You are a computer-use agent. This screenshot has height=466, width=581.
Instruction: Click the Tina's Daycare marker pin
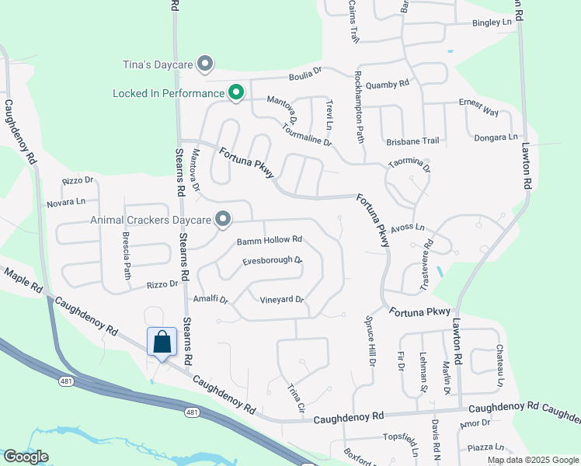tap(205, 64)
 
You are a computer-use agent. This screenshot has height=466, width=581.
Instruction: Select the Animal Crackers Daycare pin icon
tap(223, 220)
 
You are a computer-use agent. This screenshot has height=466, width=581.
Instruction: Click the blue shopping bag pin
tap(162, 342)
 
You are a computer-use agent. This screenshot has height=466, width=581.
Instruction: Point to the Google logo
tap(25, 457)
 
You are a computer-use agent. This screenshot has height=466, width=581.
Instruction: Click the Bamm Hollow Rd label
tap(269, 241)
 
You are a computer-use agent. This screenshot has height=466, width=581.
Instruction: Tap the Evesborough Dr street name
tap(271, 260)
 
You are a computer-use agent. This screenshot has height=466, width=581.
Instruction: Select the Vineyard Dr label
tap(281, 299)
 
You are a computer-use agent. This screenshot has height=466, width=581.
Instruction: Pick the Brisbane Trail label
tap(412, 141)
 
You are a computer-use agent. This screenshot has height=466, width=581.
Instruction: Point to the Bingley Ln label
tap(492, 23)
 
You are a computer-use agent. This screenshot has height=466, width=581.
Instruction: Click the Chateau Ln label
tap(499, 366)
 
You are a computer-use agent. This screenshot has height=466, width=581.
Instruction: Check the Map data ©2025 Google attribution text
tap(533, 460)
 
